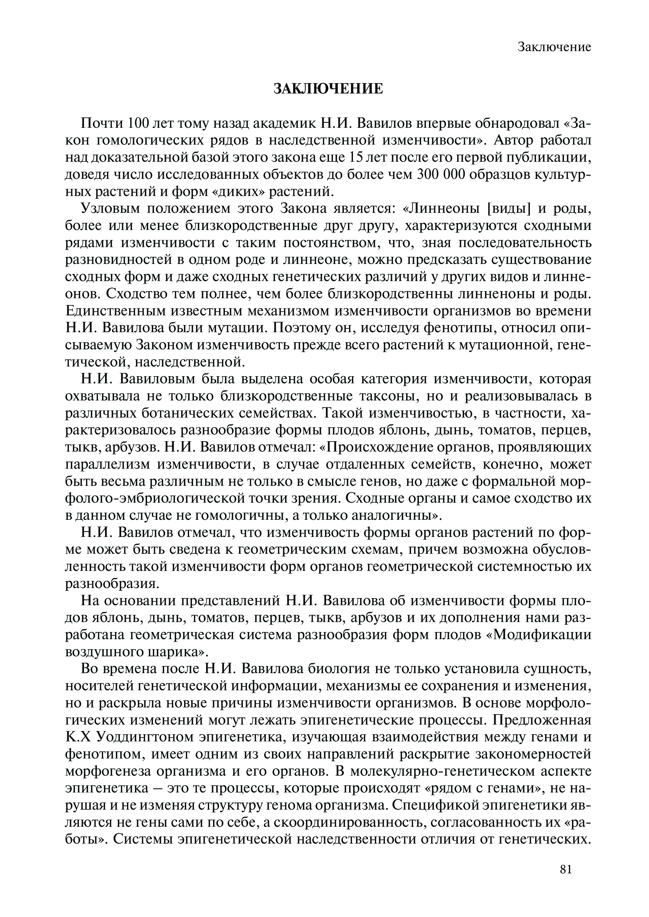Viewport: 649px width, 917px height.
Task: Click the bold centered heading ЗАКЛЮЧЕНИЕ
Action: coord(328,89)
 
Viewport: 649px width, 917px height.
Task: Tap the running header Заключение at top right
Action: coord(554,47)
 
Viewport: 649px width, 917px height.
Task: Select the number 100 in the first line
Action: coord(138,124)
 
